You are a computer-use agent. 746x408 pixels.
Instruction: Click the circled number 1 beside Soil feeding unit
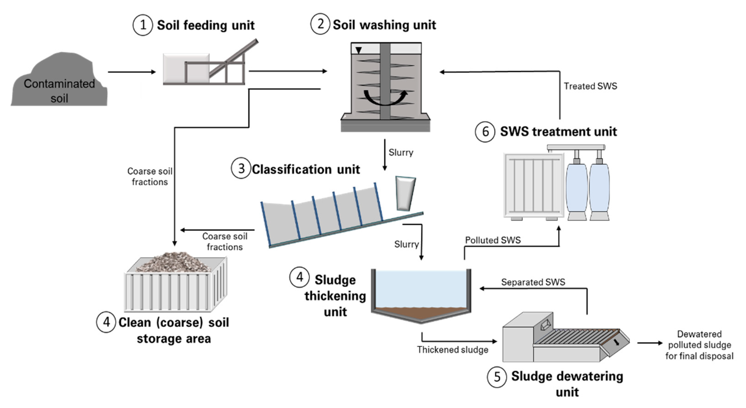point(142,25)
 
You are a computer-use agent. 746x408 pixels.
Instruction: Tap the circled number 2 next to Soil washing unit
point(320,24)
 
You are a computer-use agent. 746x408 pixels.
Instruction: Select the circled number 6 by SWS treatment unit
point(485,132)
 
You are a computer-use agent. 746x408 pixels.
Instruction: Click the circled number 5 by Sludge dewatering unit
point(497,377)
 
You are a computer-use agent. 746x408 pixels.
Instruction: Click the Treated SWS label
point(590,86)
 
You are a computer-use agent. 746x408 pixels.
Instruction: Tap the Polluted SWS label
point(493,240)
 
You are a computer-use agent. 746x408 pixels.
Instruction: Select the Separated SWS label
point(533,282)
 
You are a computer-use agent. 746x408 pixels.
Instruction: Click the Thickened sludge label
point(452,350)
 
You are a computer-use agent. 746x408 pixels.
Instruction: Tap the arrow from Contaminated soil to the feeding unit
point(132,72)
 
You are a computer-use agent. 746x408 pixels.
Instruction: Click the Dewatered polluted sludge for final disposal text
point(699,345)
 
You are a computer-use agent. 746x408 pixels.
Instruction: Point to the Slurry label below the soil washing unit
point(401,152)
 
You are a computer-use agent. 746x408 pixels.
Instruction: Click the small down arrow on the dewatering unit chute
point(617,342)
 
